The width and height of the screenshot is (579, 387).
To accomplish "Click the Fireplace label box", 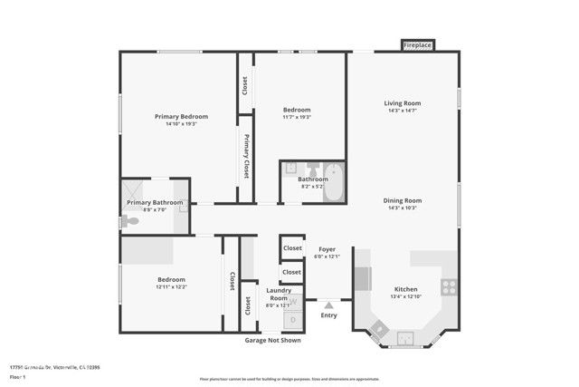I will coord(417,44).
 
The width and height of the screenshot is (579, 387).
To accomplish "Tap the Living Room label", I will coord(403,103).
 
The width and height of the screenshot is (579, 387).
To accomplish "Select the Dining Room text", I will coord(403,200).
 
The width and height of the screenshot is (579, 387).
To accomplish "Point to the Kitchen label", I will coord(405,288).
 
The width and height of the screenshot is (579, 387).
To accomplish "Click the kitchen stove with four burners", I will coord(448,287).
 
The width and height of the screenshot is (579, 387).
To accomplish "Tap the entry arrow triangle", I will coord(328,305).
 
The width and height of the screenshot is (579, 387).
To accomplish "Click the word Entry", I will coord(328,315).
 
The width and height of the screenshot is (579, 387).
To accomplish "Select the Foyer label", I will coord(326,248).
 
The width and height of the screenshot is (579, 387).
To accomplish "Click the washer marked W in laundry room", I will coord(293,302).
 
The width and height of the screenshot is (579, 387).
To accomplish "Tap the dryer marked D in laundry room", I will coord(293,319).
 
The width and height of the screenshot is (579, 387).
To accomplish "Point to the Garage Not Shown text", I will coord(272,340).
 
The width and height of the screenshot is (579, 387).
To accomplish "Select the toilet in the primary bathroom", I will coord(131,221).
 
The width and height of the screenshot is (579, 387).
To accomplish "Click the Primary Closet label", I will coord(245,158).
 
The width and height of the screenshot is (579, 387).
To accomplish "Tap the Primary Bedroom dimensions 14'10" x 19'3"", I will coord(181,124).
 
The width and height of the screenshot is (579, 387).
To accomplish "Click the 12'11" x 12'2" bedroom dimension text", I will coord(171,287).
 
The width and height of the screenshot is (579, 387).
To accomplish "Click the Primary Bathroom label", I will coord(156,202).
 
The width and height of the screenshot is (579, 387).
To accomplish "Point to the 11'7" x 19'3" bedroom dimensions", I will coord(297,117).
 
